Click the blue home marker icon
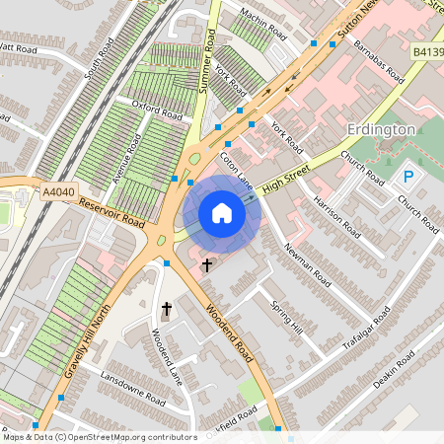point(222,213)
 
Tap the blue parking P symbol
point(407,177)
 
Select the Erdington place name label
point(381,130)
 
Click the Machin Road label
point(262,27)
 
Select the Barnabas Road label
point(381,62)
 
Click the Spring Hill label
point(288,318)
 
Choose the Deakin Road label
point(399,375)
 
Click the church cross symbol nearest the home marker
point(207,264)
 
